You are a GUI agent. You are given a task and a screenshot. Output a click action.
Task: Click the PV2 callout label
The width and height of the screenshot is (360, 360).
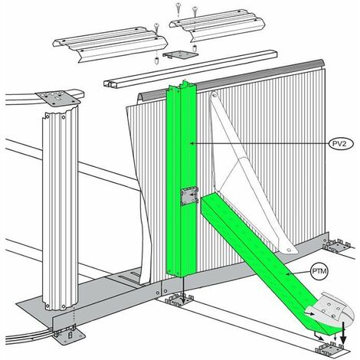(x=342, y=144)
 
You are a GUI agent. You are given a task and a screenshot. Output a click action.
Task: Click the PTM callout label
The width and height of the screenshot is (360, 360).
(x=319, y=271)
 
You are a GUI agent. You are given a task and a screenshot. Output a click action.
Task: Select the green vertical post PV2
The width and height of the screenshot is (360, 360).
(x=182, y=178)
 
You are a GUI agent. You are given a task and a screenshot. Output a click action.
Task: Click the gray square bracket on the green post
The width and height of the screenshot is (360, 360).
(x=189, y=196)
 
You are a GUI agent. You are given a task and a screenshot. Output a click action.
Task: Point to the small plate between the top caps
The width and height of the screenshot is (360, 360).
(x=181, y=54)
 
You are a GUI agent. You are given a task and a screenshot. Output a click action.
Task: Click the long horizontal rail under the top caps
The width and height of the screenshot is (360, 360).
(x=190, y=68)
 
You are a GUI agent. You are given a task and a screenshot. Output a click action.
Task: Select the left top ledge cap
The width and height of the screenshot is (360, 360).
(x=110, y=44)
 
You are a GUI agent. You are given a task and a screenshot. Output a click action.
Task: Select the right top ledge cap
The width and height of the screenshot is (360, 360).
(x=217, y=25)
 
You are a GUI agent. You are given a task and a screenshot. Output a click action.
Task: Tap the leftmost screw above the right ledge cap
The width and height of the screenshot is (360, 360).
(x=178, y=8)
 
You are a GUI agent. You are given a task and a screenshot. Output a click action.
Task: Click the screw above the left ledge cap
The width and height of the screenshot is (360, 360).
(x=156, y=28)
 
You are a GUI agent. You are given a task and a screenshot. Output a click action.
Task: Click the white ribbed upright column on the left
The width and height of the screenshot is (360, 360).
(x=61, y=208)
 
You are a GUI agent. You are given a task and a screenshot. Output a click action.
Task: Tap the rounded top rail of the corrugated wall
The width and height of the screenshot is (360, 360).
(x=230, y=79)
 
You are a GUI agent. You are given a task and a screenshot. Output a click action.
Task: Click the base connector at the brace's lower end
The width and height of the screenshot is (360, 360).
(x=330, y=348)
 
